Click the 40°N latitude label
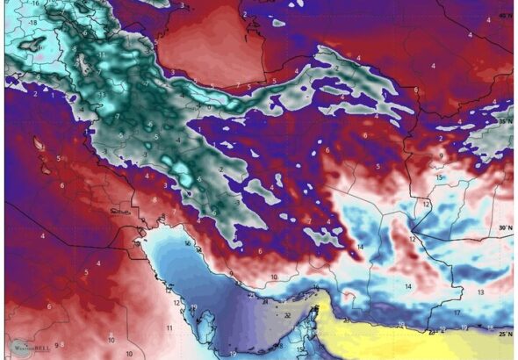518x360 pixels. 502,15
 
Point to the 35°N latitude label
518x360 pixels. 504,121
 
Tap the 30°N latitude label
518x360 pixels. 503,227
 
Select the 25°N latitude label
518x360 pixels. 503,335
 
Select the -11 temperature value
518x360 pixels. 102,54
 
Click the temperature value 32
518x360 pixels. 287,314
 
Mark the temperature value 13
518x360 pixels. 480,292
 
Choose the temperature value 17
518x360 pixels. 457,313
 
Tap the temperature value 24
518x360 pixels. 264,301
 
